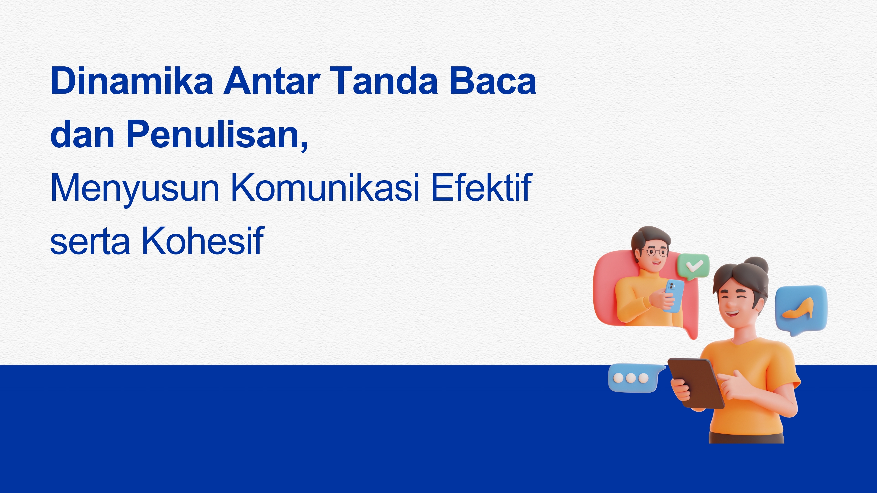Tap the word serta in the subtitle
[90, 242]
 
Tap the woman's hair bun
[756, 266]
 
